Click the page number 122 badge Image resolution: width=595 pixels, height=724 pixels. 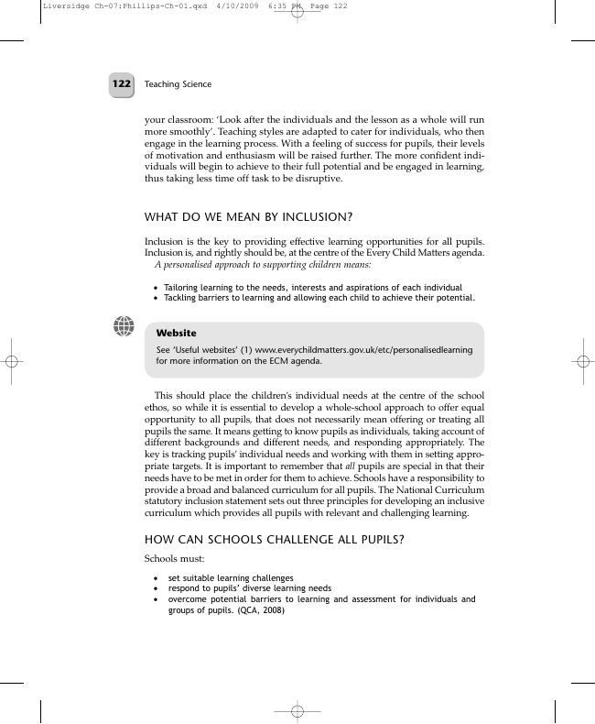(122, 84)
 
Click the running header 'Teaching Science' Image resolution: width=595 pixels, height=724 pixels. (178, 84)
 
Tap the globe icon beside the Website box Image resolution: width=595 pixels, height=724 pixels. (124, 325)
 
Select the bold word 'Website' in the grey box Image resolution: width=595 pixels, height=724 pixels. (176, 334)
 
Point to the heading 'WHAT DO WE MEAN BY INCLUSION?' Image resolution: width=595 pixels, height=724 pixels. (248, 217)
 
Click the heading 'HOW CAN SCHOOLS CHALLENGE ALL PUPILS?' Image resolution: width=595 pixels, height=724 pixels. (274, 539)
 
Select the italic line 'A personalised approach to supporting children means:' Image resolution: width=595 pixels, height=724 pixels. (263, 264)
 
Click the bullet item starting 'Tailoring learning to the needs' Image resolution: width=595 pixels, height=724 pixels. (312, 288)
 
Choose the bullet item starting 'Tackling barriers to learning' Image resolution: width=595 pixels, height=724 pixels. (319, 298)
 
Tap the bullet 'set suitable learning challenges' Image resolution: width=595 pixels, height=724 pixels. (231, 578)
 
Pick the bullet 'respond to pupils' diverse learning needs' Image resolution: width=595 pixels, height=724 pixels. (249, 588)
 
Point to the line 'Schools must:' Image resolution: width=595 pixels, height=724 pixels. (175, 558)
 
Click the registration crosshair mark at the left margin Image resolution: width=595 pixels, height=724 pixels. (12, 362)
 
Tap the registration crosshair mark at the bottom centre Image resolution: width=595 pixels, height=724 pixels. (297, 711)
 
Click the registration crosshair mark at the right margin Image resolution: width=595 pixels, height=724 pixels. (582, 362)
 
